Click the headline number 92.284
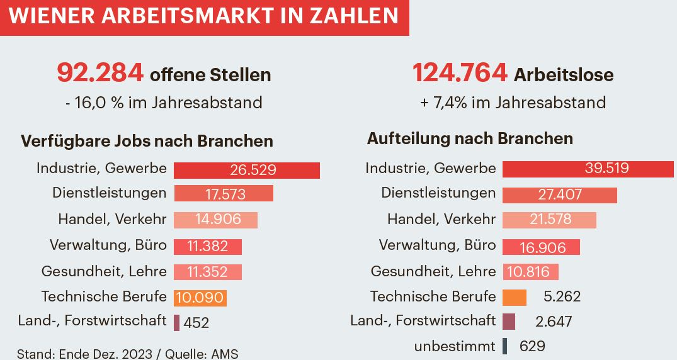tap(100, 74)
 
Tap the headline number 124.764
tap(460, 74)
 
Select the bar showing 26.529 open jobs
tap(246, 170)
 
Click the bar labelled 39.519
tap(588, 169)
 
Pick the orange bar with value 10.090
tap(200, 298)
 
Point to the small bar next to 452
tap(177, 322)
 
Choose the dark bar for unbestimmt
tap(505, 346)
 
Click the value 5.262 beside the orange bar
tap(562, 296)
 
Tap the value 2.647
tap(554, 322)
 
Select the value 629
tap(532, 346)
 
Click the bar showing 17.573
tap(223, 194)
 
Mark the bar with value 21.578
tap(549, 220)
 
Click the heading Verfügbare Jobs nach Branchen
tap(147, 141)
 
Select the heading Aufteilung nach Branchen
tap(470, 138)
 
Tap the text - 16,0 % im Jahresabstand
tap(163, 103)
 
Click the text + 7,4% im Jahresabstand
tap(513, 103)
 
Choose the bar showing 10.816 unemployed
tap(530, 272)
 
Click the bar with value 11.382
tap(207, 247)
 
